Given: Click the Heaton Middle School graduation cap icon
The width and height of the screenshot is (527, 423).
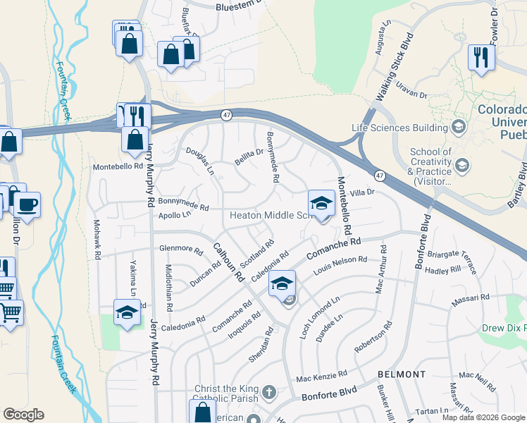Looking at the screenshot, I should click(321, 204).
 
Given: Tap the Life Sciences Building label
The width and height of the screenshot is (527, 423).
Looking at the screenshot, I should click(400, 128).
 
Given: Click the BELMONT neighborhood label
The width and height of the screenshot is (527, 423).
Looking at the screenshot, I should click(402, 374).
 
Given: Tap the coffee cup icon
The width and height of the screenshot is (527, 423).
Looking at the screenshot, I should click(27, 205).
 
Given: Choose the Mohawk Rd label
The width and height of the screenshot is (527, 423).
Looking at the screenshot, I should click(98, 233).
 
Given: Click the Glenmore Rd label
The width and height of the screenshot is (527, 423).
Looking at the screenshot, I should click(181, 248).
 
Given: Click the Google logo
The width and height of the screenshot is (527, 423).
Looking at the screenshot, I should click(23, 415).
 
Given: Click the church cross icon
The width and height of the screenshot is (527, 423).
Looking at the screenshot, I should click(268, 391).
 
